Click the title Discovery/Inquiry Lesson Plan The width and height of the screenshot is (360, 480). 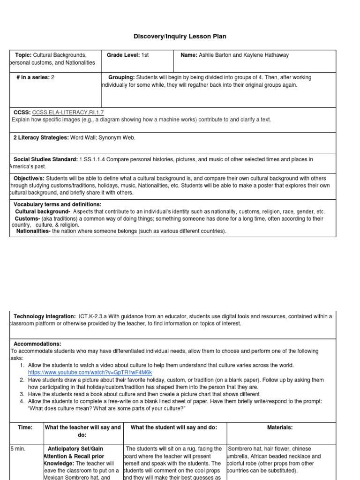click(180, 36)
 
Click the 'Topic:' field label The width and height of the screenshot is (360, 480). click(23, 55)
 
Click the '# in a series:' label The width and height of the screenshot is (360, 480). click(32, 77)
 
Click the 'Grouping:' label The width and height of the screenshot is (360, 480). click(121, 77)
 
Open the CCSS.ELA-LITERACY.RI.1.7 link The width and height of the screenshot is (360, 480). click(68, 112)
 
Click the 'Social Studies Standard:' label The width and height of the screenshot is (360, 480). click(45, 160)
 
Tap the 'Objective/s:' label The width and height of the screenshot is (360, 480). click(29, 179)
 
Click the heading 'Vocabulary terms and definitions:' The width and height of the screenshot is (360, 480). click(57, 205)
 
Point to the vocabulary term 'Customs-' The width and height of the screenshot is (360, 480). click(26, 218)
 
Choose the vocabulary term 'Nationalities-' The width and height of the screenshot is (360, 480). click(33, 231)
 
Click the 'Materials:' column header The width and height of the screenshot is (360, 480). click(279, 427)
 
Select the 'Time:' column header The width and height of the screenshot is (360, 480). click(25, 427)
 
